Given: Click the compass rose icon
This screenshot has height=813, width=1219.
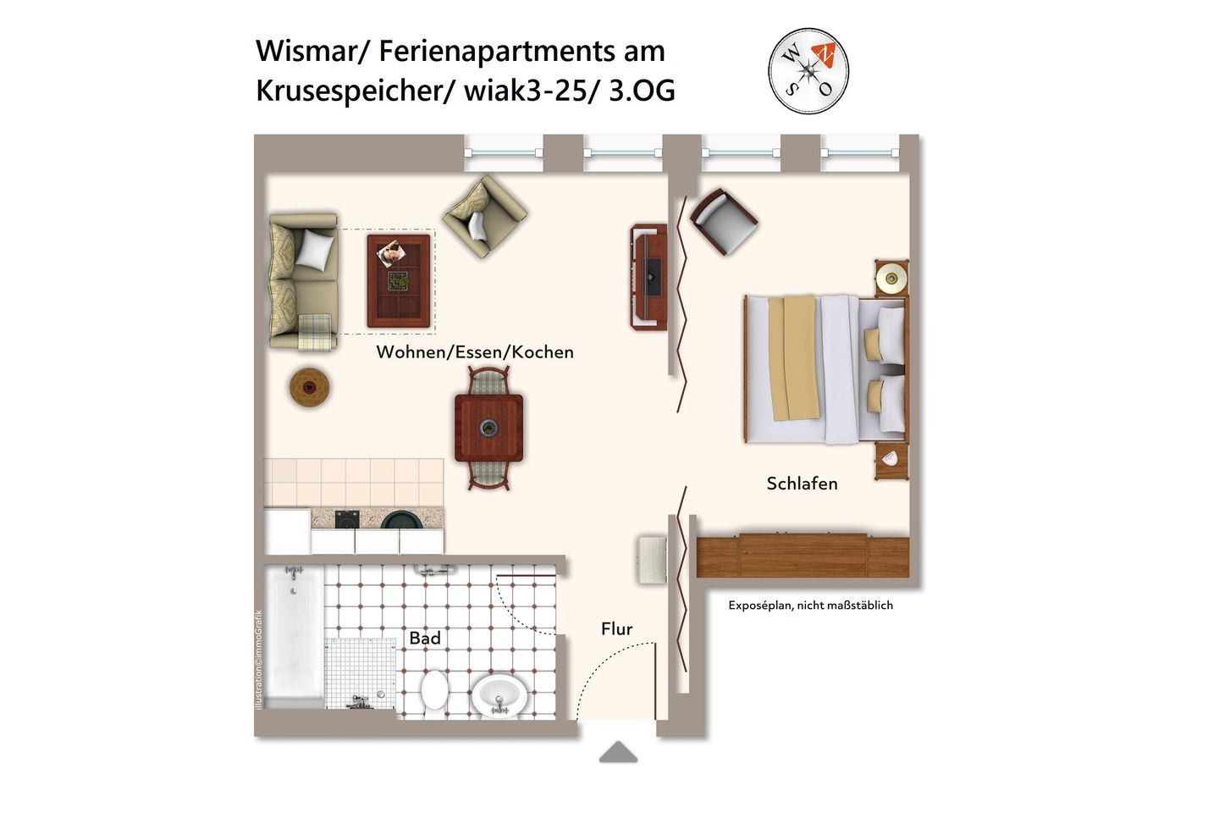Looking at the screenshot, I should click(x=808, y=71).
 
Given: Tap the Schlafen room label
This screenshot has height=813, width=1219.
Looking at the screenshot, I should click(x=802, y=484).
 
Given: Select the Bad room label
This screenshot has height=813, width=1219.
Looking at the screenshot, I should click(x=425, y=638).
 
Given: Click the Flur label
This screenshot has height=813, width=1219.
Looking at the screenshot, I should click(x=616, y=628).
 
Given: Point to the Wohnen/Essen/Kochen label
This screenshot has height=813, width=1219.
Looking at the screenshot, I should click(x=475, y=352).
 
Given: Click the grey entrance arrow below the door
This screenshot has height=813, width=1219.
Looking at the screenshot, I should click(x=618, y=752).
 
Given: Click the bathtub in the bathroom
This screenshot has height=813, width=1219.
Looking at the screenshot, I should click(x=293, y=635).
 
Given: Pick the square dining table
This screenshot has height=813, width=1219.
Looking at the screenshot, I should click(x=488, y=428).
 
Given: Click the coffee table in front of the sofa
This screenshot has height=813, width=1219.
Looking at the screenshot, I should click(x=399, y=280).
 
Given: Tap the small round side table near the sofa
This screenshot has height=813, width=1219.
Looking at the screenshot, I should click(x=309, y=387).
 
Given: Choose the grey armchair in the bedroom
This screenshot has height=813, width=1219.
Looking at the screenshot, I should click(x=724, y=220).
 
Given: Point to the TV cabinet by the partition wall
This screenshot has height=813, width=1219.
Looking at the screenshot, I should click(x=648, y=277).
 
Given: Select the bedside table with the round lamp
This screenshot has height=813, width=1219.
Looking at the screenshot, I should click(x=891, y=278).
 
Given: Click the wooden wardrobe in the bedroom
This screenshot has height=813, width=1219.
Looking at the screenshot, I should click(x=802, y=556).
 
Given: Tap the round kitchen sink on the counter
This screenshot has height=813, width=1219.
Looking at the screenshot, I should click(x=401, y=520).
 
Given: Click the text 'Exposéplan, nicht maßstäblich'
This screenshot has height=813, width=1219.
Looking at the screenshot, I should click(x=810, y=606).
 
